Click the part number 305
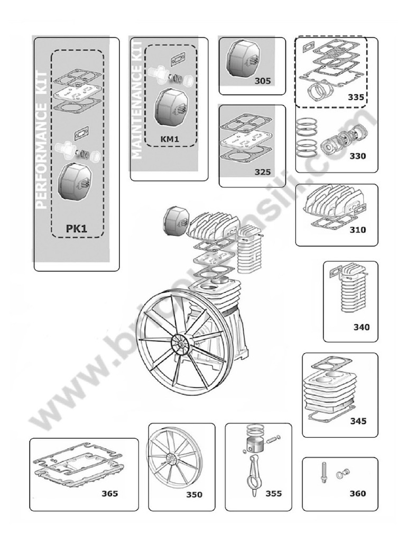coord(262,81)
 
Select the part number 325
coord(262,172)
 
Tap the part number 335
coord(356,97)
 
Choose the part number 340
coord(362,327)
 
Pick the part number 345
coord(358,421)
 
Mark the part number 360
coord(357,494)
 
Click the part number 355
coord(273,494)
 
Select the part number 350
coord(195,495)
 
